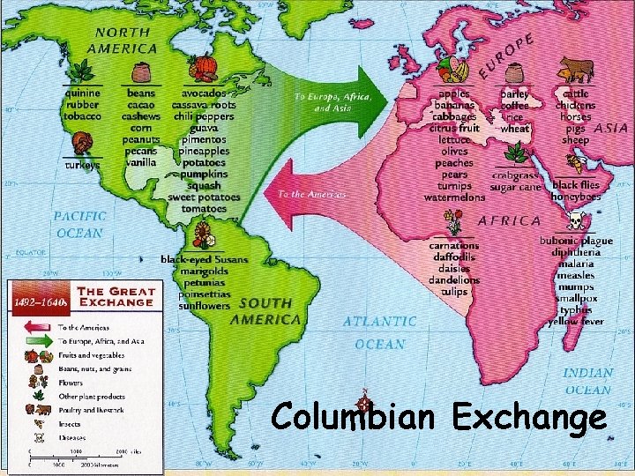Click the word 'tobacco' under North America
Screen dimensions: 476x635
[x=82, y=115]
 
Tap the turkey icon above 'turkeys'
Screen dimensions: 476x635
[x=82, y=143]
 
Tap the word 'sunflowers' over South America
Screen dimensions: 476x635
[x=204, y=306]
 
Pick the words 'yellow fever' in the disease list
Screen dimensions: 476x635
[x=575, y=322]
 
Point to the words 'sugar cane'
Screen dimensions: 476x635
[x=516, y=187]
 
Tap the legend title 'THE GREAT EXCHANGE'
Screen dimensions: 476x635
[x=117, y=296]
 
